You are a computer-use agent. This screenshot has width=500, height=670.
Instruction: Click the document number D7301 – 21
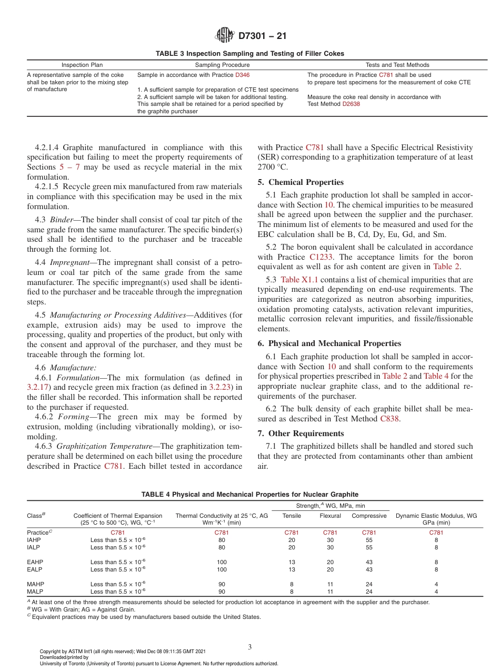pos(262,36)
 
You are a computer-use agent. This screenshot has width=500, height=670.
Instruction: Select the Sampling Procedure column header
pos(215,65)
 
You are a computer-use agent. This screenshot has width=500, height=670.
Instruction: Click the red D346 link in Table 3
pos(242,75)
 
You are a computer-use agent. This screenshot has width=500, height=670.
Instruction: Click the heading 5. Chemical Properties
pos(301,182)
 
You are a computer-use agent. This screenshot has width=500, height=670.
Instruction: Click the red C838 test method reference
pos(390,419)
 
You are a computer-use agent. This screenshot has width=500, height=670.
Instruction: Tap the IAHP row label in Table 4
pos(34,540)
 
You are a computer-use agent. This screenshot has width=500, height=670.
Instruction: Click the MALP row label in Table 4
pos(34,592)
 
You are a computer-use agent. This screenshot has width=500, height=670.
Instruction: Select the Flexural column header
pos(330,516)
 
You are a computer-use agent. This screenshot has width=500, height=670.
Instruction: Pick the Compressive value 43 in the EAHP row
pos(369,562)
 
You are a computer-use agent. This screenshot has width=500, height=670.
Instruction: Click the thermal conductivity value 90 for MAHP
pos(222,584)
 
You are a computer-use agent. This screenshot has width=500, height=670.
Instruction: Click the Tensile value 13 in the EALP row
pos(292,569)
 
